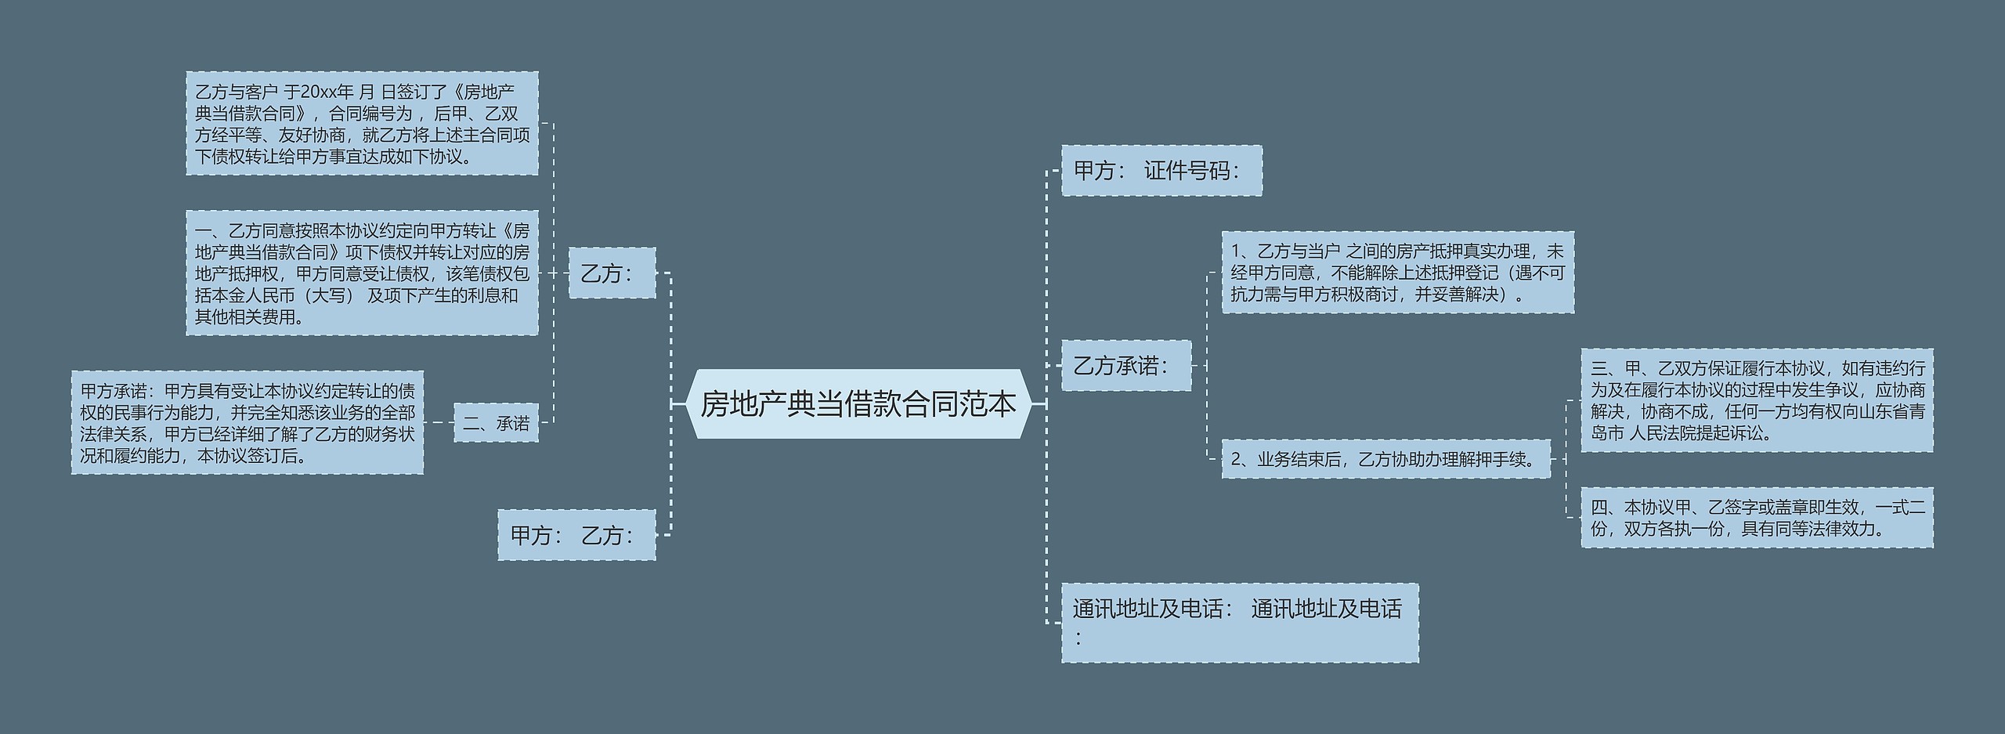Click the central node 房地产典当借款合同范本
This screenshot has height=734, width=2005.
tap(858, 404)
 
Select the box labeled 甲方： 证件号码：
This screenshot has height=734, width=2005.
tap(1161, 171)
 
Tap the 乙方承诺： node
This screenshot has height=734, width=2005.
tap(1125, 366)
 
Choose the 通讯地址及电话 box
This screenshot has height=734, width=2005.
tap(1239, 622)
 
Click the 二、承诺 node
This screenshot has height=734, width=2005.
tap(496, 424)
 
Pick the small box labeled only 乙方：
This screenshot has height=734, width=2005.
tap(611, 273)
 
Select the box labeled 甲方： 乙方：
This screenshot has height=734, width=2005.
tap(576, 535)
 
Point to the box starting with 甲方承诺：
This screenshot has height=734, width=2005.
tap(247, 423)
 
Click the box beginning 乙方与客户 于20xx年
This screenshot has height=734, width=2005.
tap(362, 124)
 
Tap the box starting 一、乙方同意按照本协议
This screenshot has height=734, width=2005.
tap(362, 273)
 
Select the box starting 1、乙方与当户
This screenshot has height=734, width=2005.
tap(1397, 273)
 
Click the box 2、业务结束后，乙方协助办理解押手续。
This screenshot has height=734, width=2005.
tap(1385, 459)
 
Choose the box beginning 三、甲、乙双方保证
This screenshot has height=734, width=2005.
tap(1757, 400)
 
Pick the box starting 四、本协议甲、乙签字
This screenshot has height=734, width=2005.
tap(1757, 518)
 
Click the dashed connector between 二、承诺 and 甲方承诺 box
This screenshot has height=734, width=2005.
tap(439, 423)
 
